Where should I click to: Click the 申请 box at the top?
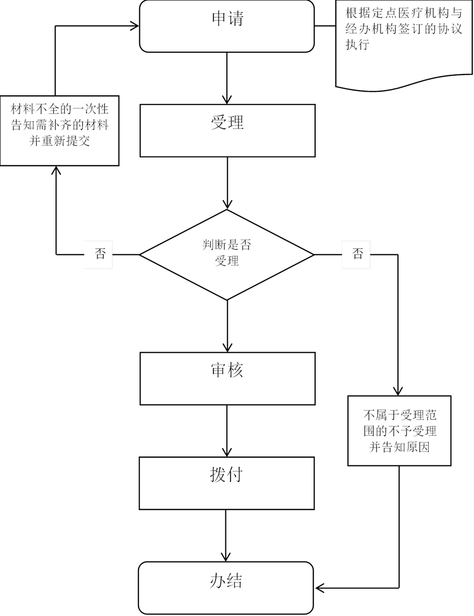pyautogui.click(x=227, y=26)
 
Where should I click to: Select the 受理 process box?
pyautogui.click(x=227, y=130)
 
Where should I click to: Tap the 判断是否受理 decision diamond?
pyautogui.click(x=227, y=254)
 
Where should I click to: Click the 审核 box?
pyautogui.click(x=227, y=378)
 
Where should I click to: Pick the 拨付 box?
pyautogui.click(x=226, y=483)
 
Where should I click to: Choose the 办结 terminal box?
pyautogui.click(x=226, y=587)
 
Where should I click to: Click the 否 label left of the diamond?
pyautogui.click(x=98, y=254)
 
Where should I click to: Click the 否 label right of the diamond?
pyautogui.click(x=356, y=254)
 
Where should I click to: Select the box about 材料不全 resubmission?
pyautogui.click(x=60, y=130)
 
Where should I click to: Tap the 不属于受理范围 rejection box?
pyautogui.click(x=399, y=431)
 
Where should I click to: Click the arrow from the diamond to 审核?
pyautogui.click(x=227, y=326)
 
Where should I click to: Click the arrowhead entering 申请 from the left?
pyautogui.click(x=135, y=26)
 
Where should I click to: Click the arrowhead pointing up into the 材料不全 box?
pyautogui.click(x=56, y=171)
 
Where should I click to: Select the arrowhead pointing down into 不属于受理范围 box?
pyautogui.click(x=398, y=390)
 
